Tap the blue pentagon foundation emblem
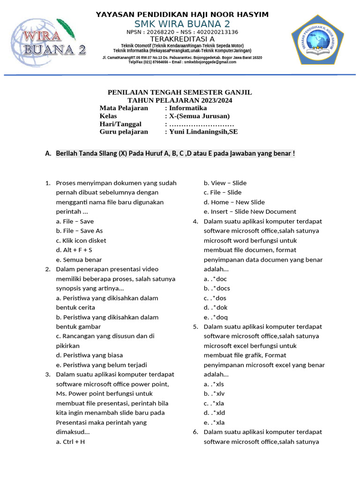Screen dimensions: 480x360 tap(317, 42)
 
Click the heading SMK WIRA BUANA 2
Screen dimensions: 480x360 tap(182, 24)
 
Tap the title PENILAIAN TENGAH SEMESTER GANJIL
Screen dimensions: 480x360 tap(180, 92)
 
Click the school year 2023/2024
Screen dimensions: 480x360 tap(214, 100)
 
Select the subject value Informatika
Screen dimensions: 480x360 tap(188, 108)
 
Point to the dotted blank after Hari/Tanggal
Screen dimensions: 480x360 tap(202, 124)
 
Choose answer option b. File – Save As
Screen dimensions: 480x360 tap(79, 231)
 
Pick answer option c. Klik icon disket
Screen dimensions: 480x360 tap(81, 240)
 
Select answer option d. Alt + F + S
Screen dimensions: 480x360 tap(74, 250)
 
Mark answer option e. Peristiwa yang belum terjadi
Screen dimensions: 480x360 tap(101, 365)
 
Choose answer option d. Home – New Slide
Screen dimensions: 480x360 tap(234, 202)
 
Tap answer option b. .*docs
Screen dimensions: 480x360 tap(217, 288)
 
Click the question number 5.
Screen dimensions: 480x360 tap(195, 327)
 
